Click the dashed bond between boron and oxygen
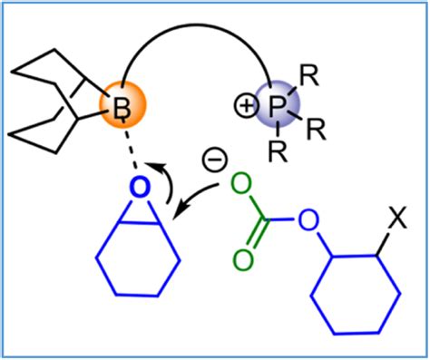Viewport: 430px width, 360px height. click(132, 145)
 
